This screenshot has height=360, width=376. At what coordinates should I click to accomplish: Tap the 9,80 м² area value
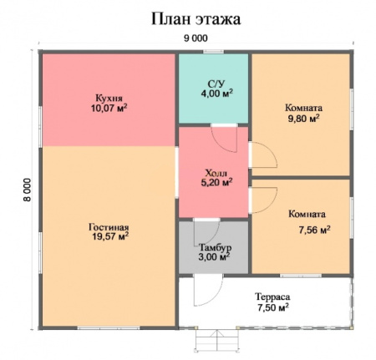pos(302,119)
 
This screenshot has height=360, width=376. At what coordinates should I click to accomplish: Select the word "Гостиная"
pos(109,226)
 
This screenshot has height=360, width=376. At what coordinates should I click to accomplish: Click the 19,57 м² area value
pos(109,237)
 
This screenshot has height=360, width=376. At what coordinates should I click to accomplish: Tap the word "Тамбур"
pos(215,248)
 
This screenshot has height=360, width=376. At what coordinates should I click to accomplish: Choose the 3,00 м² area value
pos(215,259)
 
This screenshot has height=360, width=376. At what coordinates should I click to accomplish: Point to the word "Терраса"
pos(271,296)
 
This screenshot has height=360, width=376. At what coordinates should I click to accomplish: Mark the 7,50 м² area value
pos(272,307)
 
